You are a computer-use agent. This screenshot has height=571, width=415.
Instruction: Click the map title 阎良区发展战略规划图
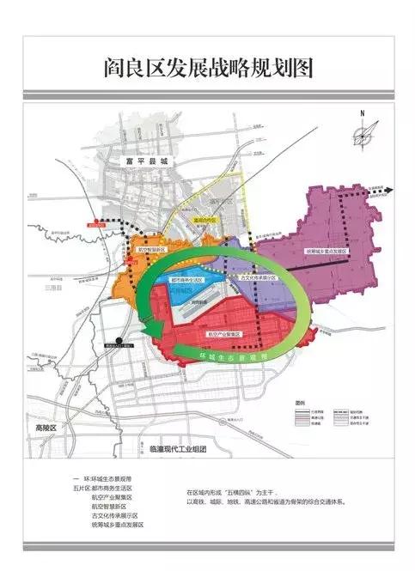coord(206,66)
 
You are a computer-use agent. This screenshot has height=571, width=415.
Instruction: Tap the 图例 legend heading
coord(300,402)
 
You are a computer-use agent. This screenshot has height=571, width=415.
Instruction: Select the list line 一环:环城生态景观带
coord(102,477)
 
